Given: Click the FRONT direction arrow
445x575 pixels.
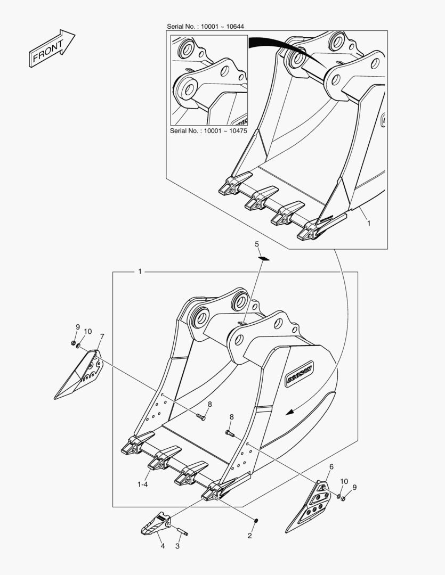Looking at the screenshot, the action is click(x=51, y=48).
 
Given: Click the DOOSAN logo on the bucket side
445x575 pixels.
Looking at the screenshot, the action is click(x=300, y=373).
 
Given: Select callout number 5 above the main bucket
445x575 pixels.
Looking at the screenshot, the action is click(x=257, y=244).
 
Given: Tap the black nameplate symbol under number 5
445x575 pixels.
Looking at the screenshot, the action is click(x=264, y=259).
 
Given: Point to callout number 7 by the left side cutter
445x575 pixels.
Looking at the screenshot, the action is click(x=102, y=336).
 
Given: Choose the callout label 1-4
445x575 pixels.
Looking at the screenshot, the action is click(x=142, y=484).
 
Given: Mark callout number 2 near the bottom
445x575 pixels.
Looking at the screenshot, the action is click(x=249, y=536).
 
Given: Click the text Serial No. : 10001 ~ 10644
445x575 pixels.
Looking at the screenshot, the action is click(x=205, y=27).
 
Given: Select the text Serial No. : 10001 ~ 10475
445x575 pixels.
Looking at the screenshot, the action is click(x=208, y=131).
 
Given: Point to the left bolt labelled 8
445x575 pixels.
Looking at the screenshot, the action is click(x=200, y=417).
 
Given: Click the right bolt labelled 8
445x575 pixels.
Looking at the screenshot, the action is click(x=230, y=434).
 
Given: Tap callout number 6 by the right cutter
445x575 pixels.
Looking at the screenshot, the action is click(x=331, y=467).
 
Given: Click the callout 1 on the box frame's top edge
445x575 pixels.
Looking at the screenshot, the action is click(x=140, y=272).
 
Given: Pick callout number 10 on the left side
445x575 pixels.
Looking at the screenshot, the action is click(x=87, y=332).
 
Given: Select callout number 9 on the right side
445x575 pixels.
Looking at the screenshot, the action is click(x=354, y=487).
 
